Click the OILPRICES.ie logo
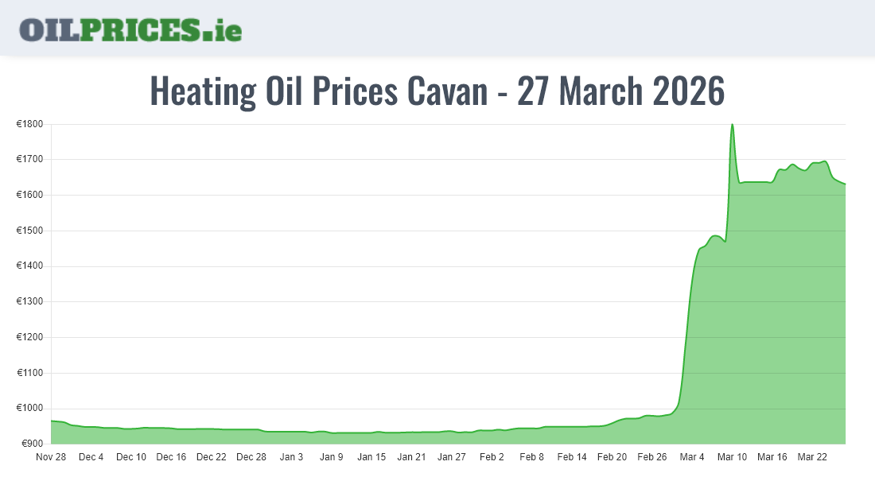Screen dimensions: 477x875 [130, 29]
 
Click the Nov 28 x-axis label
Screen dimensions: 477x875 [51, 457]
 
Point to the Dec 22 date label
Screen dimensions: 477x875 [212, 457]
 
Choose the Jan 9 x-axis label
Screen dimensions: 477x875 [332, 457]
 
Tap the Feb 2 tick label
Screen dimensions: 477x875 [492, 457]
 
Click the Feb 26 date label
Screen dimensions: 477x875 [652, 457]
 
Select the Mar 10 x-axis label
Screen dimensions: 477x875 [732, 457]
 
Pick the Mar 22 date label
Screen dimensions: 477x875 [812, 457]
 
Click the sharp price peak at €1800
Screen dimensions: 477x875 [732, 125]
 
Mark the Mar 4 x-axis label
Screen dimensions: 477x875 [692, 457]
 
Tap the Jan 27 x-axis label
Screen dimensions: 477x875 [452, 457]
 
